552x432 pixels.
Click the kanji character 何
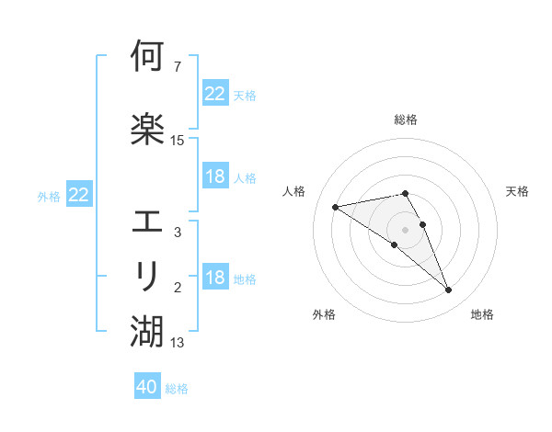147,57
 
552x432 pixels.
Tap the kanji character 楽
147,128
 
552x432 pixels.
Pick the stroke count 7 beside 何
177,66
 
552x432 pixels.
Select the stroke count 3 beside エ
177,233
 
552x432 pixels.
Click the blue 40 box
147,387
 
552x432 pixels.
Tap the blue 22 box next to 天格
215,94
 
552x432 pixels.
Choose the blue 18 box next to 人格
215,176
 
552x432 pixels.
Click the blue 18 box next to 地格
215,278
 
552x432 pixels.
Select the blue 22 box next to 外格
79,195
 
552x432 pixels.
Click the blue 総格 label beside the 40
177,389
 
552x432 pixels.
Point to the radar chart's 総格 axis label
406,120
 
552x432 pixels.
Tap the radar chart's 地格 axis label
482,314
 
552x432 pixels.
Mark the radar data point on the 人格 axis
336,206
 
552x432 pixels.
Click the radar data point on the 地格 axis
448,290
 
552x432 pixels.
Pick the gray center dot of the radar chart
406,229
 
